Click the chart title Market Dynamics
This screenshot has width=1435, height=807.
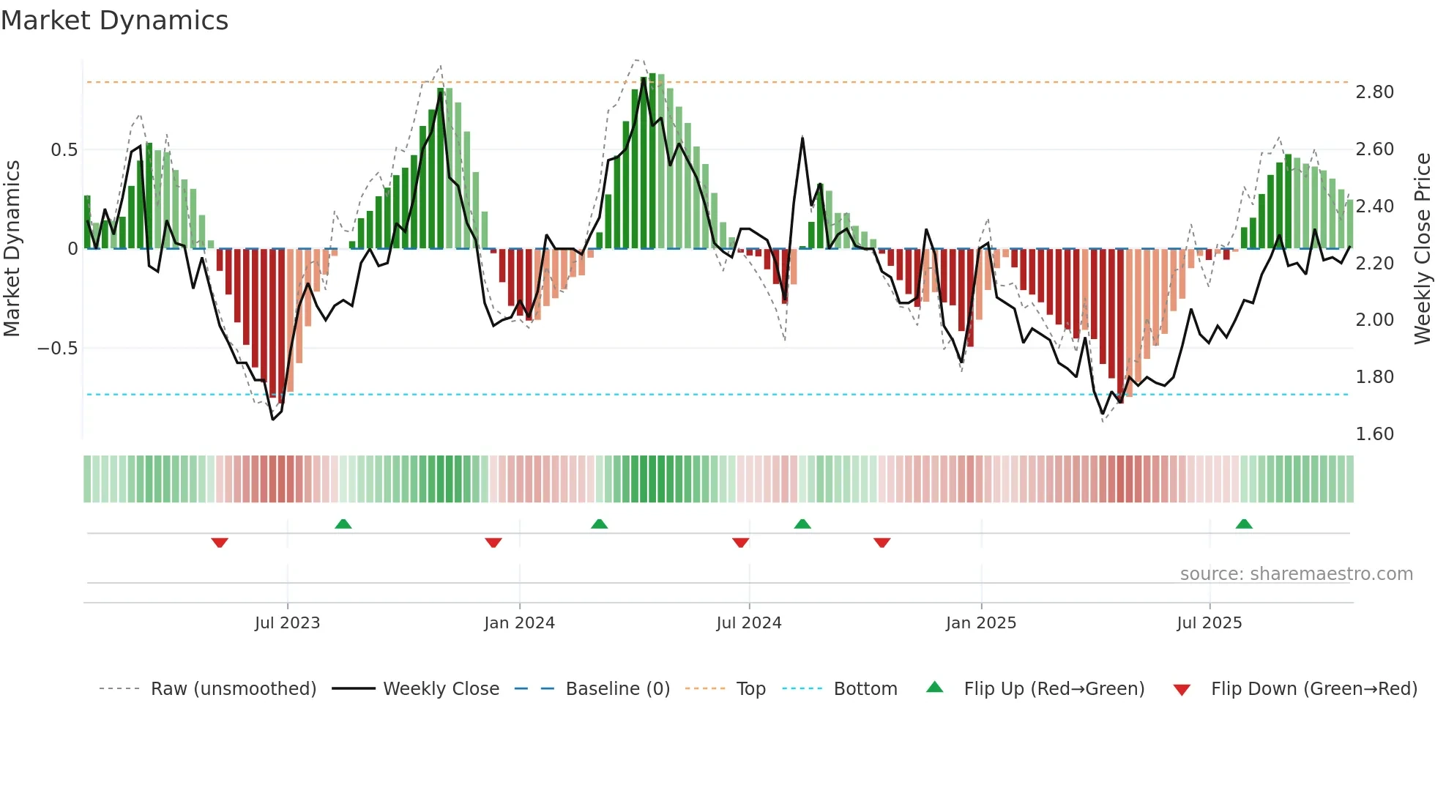tap(114, 21)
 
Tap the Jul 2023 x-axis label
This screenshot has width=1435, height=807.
tap(287, 623)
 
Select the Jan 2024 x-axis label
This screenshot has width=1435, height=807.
tap(519, 623)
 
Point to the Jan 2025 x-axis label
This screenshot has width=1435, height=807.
tap(980, 623)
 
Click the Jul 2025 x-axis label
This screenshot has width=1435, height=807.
tap(1209, 623)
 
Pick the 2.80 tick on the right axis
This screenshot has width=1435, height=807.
tap(1374, 92)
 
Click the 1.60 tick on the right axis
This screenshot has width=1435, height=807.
tap(1374, 434)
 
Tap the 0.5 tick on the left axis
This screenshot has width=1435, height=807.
tap(64, 150)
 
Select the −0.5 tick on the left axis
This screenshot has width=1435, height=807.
tap(57, 349)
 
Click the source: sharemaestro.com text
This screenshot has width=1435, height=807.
tap(1296, 574)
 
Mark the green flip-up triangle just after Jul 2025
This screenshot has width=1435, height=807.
tap(1243, 524)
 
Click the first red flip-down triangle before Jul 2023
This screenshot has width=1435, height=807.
tap(220, 543)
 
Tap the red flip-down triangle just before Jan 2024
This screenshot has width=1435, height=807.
tap(493, 543)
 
